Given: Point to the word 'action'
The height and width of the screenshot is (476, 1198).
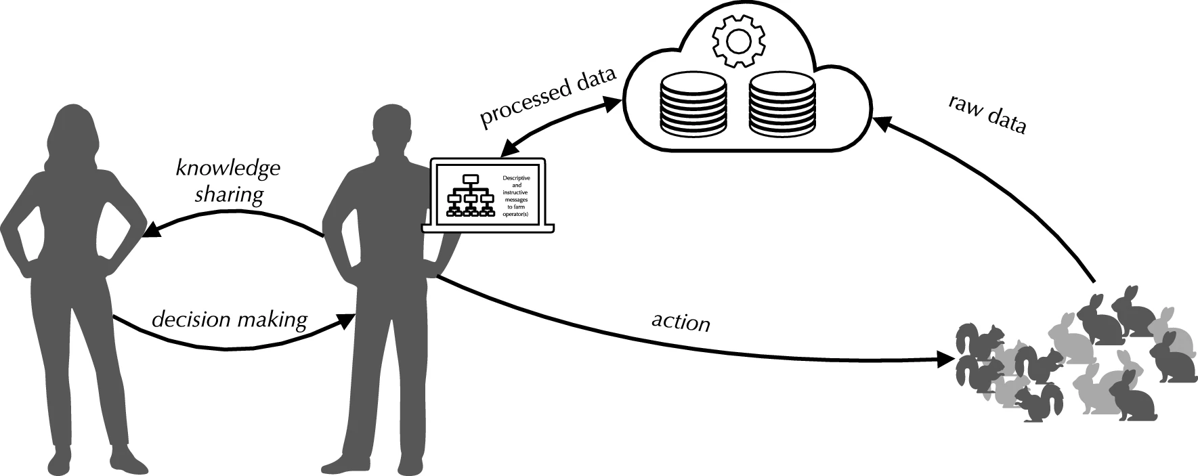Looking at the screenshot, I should tap(681, 322).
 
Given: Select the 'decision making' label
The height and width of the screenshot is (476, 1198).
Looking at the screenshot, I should tap(229, 319).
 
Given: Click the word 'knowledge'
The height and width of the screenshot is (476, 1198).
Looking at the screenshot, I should tap(228, 167).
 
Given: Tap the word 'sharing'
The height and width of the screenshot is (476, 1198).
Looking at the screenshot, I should tap(229, 196).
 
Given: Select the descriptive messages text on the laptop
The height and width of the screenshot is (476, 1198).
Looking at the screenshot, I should tap(517, 196).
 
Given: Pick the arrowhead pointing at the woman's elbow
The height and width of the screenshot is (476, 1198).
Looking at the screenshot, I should tap(150, 232).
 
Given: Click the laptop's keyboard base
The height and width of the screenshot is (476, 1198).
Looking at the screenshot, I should tap(488, 229).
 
